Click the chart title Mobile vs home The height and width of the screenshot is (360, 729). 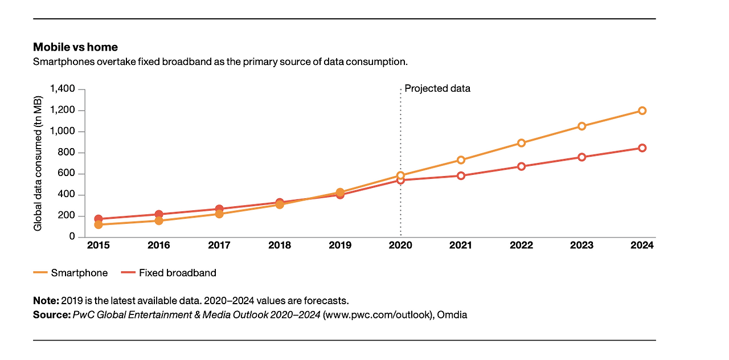click(75, 47)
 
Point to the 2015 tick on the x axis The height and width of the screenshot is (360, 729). click(98, 246)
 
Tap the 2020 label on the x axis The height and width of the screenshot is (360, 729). click(400, 246)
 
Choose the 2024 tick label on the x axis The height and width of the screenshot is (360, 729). click(642, 246)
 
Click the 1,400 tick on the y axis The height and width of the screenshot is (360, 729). click(63, 89)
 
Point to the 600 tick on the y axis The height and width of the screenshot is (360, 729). click(67, 174)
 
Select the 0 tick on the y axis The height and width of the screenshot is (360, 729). click(72, 237)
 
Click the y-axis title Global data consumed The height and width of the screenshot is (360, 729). click(38, 163)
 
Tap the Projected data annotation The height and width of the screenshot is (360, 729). click(437, 89)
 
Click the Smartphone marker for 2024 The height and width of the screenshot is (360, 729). click(642, 111)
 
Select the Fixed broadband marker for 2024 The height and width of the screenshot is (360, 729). click(642, 148)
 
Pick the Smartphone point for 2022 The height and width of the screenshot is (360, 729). click(521, 143)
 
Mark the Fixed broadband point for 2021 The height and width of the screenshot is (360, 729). click(461, 175)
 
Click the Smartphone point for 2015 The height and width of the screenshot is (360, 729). click(98, 224)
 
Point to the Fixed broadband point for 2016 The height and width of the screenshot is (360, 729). click(159, 215)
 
